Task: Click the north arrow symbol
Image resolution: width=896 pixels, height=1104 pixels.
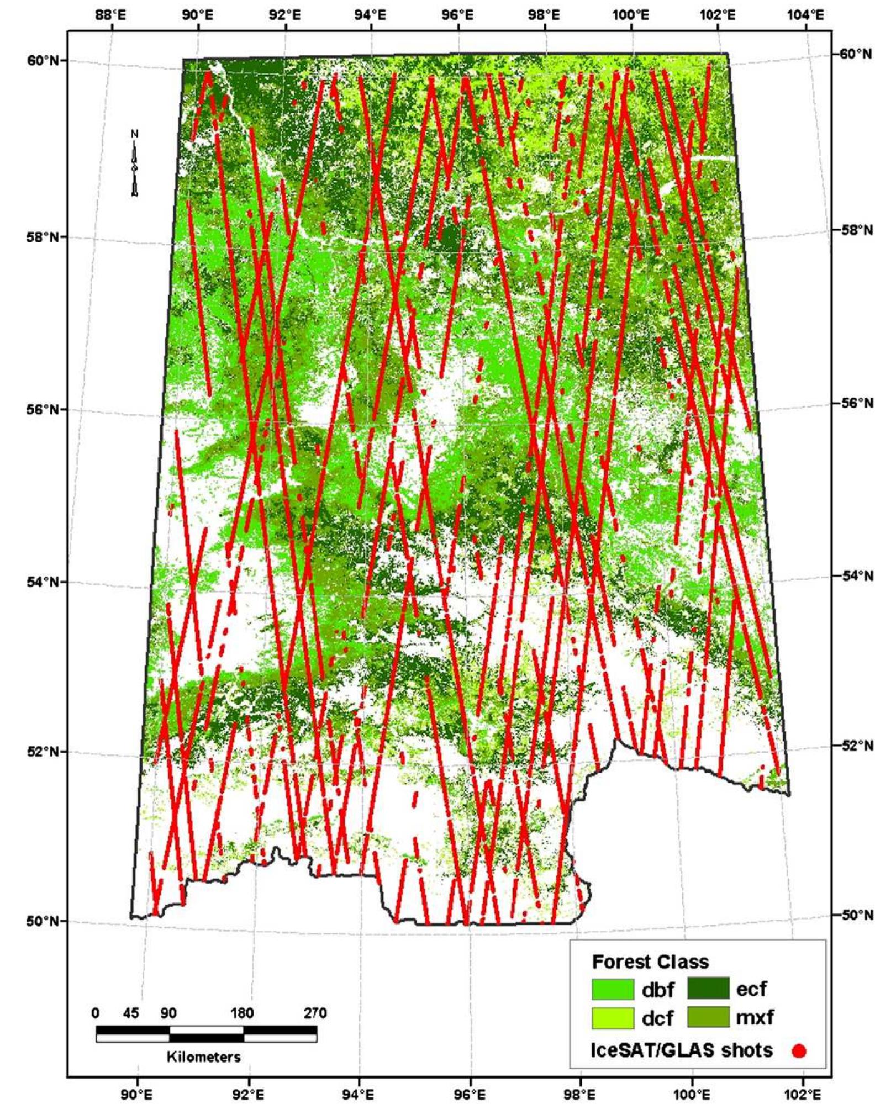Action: (x=134, y=163)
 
